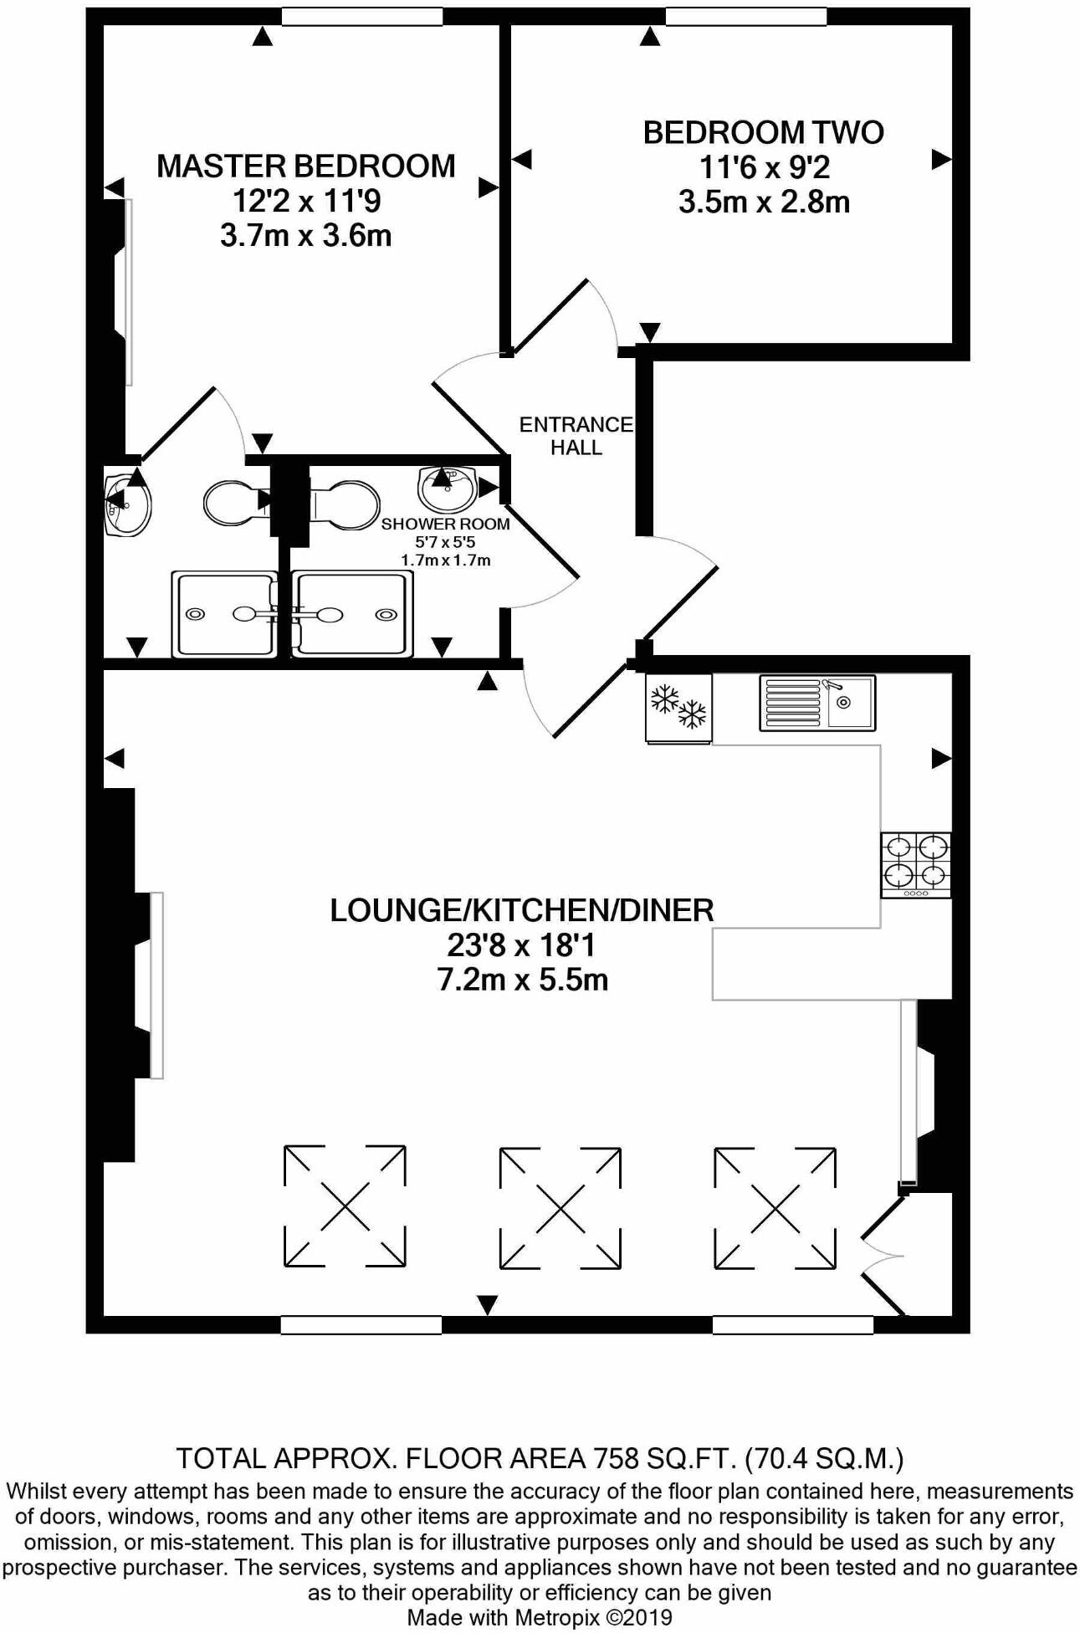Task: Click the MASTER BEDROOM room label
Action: tap(305, 166)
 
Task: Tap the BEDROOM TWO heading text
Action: tap(763, 133)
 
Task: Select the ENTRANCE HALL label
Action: tap(576, 436)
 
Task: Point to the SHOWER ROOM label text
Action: tap(445, 525)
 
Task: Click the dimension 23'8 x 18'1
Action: tap(521, 945)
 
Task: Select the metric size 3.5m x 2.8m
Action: tap(764, 202)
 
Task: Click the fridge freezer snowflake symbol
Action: tap(678, 708)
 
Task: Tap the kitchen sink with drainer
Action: tap(817, 703)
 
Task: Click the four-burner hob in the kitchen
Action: tap(915, 864)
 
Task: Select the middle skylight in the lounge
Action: tap(560, 1207)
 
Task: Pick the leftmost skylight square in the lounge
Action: tap(345, 1206)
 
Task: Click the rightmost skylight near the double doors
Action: tap(775, 1207)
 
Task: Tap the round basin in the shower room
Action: tap(446, 489)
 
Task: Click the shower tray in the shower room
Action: tap(351, 615)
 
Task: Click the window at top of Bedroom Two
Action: tap(745, 16)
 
